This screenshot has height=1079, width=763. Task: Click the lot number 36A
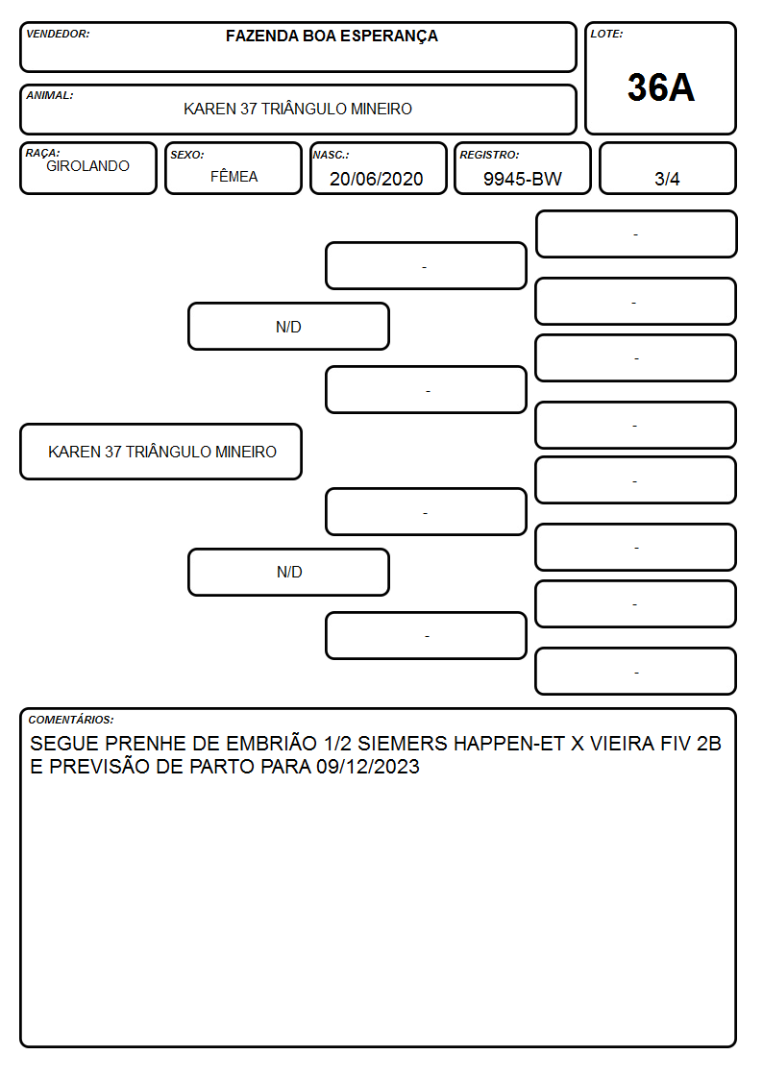tap(660, 87)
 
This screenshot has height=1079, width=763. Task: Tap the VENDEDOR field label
tap(58, 34)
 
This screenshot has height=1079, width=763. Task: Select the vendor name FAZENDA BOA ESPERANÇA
tap(332, 37)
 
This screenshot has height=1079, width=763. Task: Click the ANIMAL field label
tap(50, 96)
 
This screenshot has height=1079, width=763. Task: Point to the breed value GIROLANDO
tap(87, 166)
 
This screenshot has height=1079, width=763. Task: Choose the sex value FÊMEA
tap(234, 176)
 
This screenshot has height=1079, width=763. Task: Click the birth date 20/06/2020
tap(377, 179)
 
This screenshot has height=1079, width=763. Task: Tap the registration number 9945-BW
tap(522, 179)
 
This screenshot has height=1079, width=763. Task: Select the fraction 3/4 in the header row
tap(667, 179)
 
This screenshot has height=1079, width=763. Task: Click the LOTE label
tap(606, 34)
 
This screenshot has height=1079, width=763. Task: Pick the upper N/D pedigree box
tap(288, 327)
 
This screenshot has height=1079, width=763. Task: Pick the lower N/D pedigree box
tap(288, 572)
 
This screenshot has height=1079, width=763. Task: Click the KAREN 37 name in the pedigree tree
tap(162, 452)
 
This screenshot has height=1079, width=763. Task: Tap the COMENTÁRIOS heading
tap(71, 720)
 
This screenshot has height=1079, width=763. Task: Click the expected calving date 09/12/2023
tap(368, 767)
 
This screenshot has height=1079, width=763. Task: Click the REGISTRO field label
tap(489, 155)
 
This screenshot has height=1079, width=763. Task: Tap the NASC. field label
tap(331, 155)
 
